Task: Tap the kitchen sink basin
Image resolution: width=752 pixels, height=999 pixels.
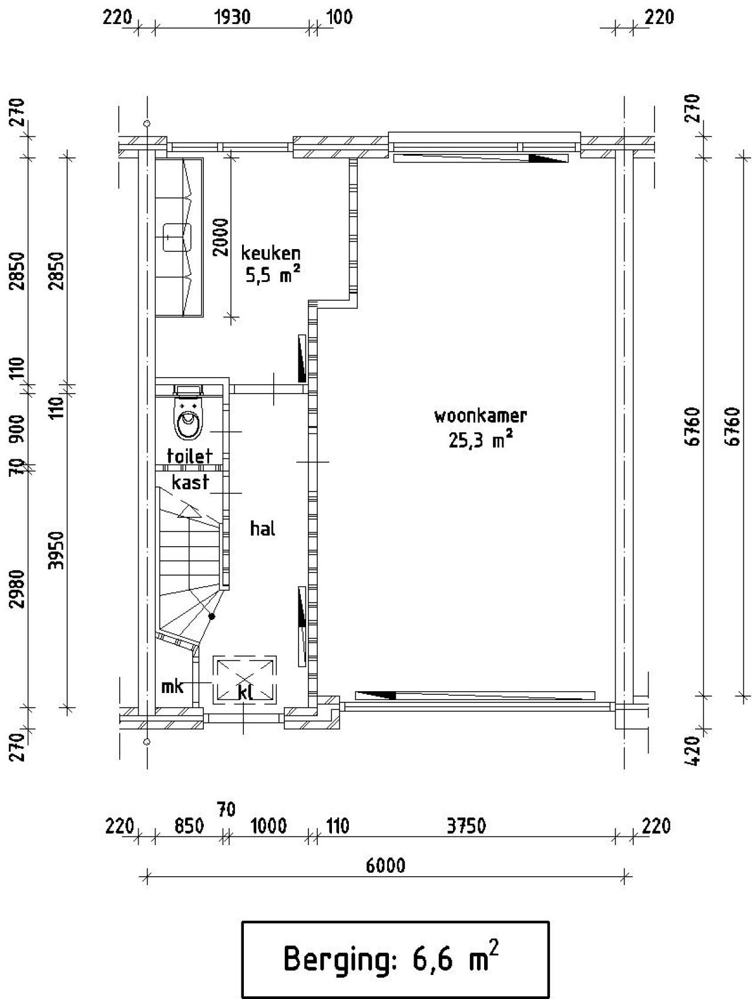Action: pyautogui.click(x=177, y=237)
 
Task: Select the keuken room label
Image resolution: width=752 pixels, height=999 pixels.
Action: pyautogui.click(x=271, y=253)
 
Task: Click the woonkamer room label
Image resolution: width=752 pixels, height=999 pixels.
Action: pyautogui.click(x=481, y=416)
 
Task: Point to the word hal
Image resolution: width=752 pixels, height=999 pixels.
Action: pyautogui.click(x=263, y=529)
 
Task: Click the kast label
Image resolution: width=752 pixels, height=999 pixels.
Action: pyautogui.click(x=190, y=482)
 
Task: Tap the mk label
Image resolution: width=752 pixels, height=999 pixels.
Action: pyautogui.click(x=173, y=686)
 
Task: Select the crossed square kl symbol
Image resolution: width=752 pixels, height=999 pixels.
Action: pyautogui.click(x=245, y=680)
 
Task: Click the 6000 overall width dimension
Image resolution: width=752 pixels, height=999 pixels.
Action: pyautogui.click(x=385, y=866)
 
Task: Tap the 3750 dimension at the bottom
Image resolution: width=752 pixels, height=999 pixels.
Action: pyautogui.click(x=466, y=826)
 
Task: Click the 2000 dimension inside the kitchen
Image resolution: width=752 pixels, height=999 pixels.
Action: pyautogui.click(x=221, y=237)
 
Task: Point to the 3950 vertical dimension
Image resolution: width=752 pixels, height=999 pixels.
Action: pyautogui.click(x=56, y=550)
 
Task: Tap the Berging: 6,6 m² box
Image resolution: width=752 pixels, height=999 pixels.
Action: pyautogui.click(x=395, y=959)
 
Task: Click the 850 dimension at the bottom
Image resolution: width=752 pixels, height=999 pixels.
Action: pyautogui.click(x=189, y=826)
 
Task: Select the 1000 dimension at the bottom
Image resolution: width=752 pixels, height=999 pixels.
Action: pyautogui.click(x=268, y=826)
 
